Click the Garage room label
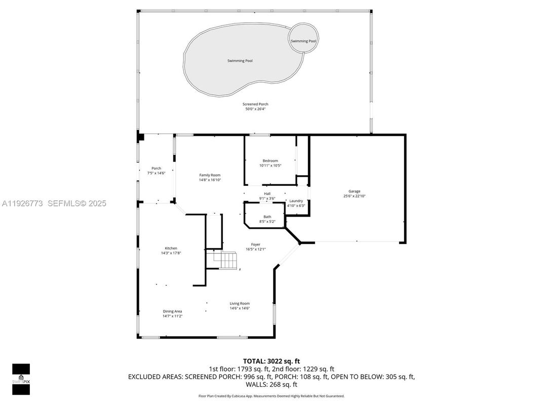(x=355, y=191)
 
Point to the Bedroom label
(x=270, y=161)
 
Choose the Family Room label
(x=210, y=175)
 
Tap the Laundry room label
(x=296, y=201)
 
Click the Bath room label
(x=267, y=217)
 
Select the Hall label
(x=267, y=193)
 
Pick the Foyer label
(x=255, y=245)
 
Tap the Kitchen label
(x=171, y=248)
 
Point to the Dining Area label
(x=172, y=311)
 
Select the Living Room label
(x=240, y=304)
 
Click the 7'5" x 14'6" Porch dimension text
(x=156, y=173)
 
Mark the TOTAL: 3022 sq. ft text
(x=271, y=361)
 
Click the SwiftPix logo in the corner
(x=21, y=379)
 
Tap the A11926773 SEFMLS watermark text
(x=54, y=203)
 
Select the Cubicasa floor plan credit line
(x=271, y=396)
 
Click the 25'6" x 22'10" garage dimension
(x=355, y=196)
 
